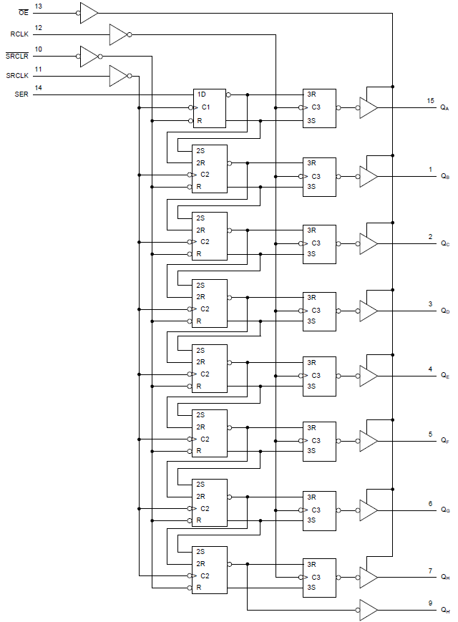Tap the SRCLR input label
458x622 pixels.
[17, 56]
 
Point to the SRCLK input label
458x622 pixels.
[19, 75]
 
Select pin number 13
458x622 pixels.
[38, 6]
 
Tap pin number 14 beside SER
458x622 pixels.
[38, 88]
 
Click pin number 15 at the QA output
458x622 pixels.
[430, 101]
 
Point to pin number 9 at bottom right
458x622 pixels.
[430, 603]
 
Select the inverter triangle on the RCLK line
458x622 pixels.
[117, 34]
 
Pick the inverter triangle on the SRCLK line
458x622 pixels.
[117, 75]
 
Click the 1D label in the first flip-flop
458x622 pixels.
[201, 94]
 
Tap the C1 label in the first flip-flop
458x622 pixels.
[205, 107]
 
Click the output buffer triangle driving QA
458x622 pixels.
[368, 108]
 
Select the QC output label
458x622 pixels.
[445, 243]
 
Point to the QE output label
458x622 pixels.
[445, 376]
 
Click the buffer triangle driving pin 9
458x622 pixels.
[368, 610]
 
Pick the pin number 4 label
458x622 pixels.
[430, 369]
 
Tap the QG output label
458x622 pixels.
[445, 510]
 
